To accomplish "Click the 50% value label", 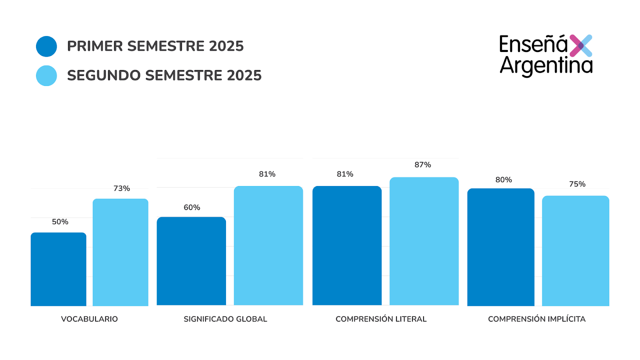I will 60,222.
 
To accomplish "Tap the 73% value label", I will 122,188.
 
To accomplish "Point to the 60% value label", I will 192,207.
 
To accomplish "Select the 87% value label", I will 423,165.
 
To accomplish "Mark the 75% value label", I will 577,184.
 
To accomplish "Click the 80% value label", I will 504,180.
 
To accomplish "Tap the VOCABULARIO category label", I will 89,319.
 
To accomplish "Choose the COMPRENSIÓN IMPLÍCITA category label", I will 537,319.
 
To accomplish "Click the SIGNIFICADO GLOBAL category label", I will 225,319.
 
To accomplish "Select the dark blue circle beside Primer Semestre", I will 46,46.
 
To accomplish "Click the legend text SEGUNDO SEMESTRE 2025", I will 164,75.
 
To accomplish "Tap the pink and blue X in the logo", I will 581,46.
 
